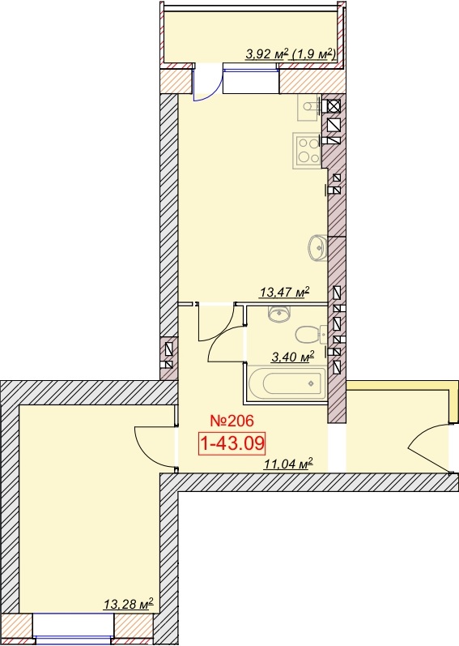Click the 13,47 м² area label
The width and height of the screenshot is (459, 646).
click(284, 293)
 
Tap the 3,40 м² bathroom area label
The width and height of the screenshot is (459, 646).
click(293, 357)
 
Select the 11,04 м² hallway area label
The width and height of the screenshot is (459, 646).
click(288, 464)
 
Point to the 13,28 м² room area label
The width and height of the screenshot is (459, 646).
click(129, 605)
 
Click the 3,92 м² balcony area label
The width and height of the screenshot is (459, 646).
click(265, 53)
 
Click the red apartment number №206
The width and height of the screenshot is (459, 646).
click(232, 421)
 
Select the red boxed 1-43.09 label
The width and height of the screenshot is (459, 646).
click(232, 443)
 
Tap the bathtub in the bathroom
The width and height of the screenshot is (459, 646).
click(287, 383)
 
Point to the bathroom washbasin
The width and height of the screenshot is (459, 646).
click(279, 314)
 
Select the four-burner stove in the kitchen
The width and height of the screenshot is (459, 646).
click(307, 150)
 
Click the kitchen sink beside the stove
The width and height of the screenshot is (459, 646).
click(309, 107)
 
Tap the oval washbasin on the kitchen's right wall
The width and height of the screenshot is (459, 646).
click(317, 247)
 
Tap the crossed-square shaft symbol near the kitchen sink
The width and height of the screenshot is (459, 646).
click(334, 106)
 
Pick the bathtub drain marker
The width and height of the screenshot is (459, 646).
click(311, 383)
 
